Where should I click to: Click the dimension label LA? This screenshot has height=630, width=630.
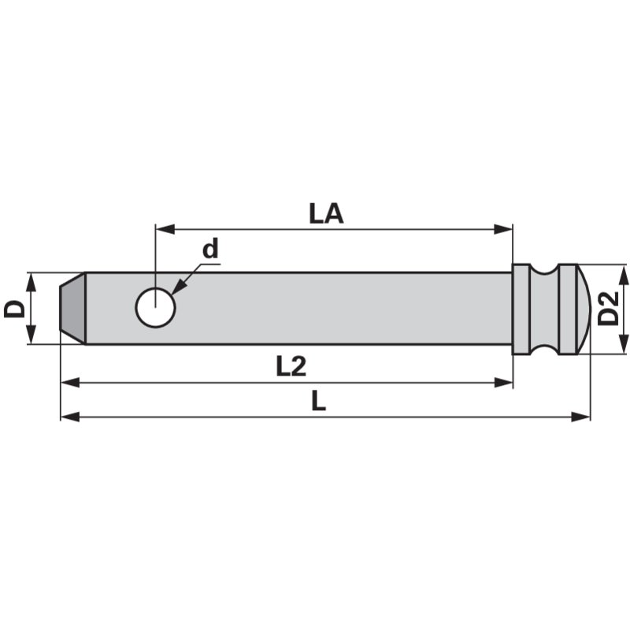pos(326,213)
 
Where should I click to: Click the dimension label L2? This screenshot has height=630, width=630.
pos(290,366)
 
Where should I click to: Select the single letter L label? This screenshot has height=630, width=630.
pos(318,402)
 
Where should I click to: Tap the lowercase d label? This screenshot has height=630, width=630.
pos(209,250)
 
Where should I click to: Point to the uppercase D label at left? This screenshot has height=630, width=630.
pos(14,308)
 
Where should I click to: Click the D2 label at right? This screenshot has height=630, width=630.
pos(607,308)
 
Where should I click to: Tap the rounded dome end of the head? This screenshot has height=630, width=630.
pos(582,308)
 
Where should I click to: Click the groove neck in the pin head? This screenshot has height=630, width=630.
pos(544,308)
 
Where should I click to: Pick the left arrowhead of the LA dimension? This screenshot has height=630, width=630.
pos(163,229)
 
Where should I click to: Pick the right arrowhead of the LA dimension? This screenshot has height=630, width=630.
pos(504,229)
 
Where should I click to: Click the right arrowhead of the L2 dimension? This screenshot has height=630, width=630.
pos(504,382)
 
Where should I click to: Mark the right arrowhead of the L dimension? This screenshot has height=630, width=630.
pos(581,416)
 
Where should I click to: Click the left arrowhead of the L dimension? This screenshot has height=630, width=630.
pos(69,416)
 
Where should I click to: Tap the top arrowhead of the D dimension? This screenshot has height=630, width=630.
pos(31,280)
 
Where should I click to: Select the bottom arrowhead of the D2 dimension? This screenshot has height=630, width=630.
pos(624,345)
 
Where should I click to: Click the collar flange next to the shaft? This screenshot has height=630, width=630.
pos(521,308)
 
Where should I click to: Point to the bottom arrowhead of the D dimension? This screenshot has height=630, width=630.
pos(31,336)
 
